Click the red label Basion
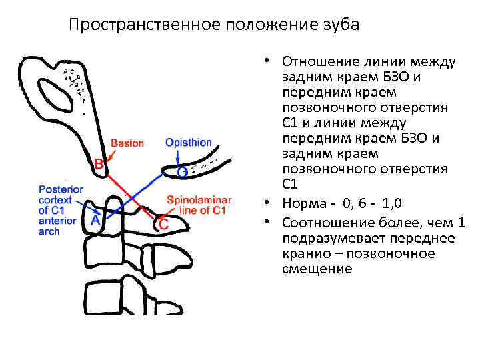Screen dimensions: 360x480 [127, 143]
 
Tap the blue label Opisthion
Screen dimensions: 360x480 [189, 143]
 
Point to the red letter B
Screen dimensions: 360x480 [99, 163]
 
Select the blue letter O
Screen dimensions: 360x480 [182, 173]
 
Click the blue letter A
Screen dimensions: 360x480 [95, 219]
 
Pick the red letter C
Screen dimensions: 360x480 [163, 224]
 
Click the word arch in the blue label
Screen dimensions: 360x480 [49, 231]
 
